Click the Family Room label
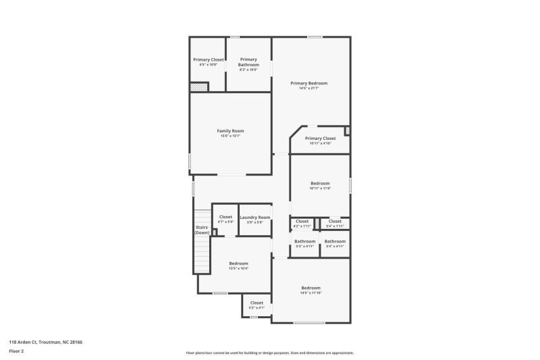(230, 130)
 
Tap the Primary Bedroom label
(309, 83)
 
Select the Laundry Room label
(254, 217)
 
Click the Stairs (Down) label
(202, 230)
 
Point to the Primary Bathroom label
(248, 62)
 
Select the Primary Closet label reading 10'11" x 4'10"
(320, 138)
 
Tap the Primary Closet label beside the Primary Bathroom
(209, 59)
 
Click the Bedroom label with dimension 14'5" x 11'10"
(310, 288)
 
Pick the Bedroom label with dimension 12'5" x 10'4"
(238, 263)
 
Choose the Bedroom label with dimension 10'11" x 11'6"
(320, 183)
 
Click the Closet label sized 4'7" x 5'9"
(225, 217)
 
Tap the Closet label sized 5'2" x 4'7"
(256, 303)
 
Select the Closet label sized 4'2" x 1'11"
(302, 221)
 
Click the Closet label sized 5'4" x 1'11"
(335, 221)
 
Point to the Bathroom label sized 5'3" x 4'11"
(304, 241)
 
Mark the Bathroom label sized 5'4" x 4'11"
(335, 241)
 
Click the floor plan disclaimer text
(269, 353)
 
